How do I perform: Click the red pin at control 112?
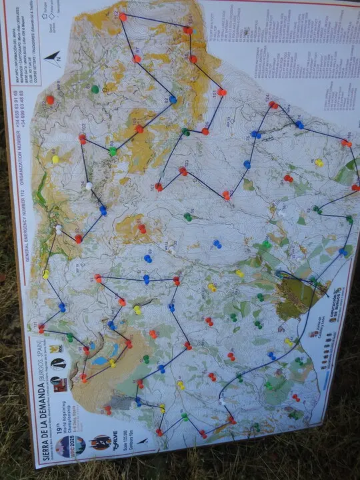tap(123, 17)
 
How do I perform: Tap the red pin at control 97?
tap(137, 59)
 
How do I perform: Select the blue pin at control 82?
tap(173, 99)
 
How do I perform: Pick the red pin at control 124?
tap(273, 105)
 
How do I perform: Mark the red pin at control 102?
tap(83, 139)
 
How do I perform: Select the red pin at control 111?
tap(42, 328)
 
